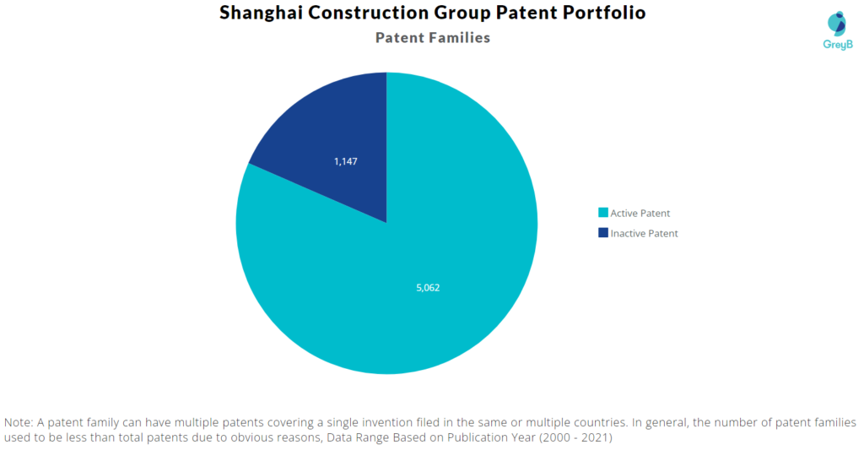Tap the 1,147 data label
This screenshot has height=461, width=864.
(x=345, y=161)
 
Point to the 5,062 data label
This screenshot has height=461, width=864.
(x=428, y=288)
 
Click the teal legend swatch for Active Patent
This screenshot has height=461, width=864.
(x=603, y=212)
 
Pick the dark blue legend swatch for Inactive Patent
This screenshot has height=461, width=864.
(x=603, y=233)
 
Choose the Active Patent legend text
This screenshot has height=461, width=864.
(x=640, y=214)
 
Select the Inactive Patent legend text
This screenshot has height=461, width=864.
(x=644, y=234)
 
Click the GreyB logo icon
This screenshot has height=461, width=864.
(x=837, y=24)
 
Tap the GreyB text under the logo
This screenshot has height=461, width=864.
(x=838, y=45)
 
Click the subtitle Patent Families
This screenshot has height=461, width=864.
(x=433, y=37)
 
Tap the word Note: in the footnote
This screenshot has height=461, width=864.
(x=19, y=423)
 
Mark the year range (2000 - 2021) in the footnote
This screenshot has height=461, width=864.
(x=575, y=438)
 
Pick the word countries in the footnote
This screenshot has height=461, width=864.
(x=600, y=423)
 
